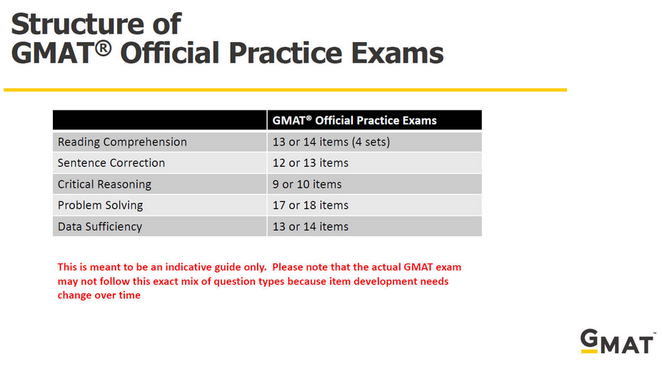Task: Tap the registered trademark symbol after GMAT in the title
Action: (x=103, y=48)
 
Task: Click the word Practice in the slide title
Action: (x=285, y=53)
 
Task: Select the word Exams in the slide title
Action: (x=397, y=53)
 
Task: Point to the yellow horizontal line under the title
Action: (x=286, y=89)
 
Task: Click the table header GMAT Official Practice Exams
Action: (x=354, y=121)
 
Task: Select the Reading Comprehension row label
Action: (x=122, y=142)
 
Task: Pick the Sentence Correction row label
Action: (x=111, y=163)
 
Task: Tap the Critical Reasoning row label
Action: (x=104, y=184)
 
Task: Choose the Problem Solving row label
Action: (x=100, y=205)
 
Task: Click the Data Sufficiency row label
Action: (x=100, y=227)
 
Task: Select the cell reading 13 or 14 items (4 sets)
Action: (x=331, y=142)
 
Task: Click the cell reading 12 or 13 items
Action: (x=311, y=163)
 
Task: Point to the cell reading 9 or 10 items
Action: (x=307, y=184)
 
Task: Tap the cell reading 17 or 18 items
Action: (x=311, y=205)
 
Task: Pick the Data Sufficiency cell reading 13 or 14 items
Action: (x=311, y=227)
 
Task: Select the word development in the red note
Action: (x=385, y=281)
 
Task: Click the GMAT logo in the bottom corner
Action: (x=617, y=342)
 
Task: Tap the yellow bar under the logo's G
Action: (x=589, y=351)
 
